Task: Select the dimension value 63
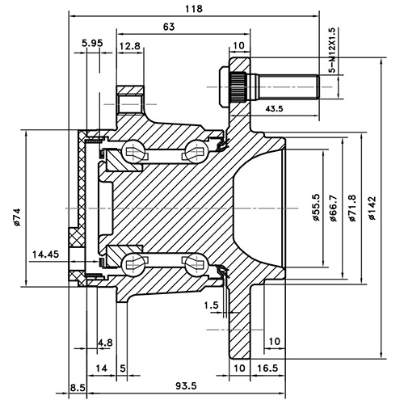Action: pyautogui.click(x=168, y=27)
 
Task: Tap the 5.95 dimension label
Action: pyautogui.click(x=91, y=43)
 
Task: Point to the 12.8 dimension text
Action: pyautogui.click(x=130, y=47)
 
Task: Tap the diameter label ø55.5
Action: pyautogui.click(x=314, y=207)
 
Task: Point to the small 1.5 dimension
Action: pyautogui.click(x=212, y=305)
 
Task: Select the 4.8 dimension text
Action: pyautogui.click(x=105, y=343)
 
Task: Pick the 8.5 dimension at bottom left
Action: pyautogui.click(x=78, y=389)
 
